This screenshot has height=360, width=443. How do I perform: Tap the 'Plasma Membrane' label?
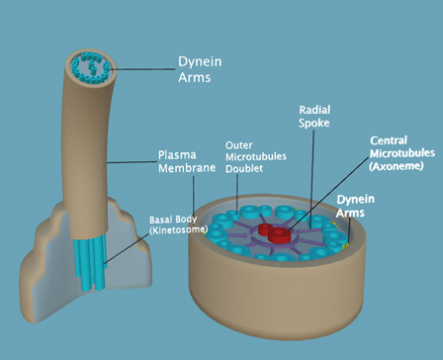tap(187, 162)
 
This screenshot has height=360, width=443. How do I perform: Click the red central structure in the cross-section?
tap(279, 233)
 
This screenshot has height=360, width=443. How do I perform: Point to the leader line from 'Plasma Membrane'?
tap(132, 161)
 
